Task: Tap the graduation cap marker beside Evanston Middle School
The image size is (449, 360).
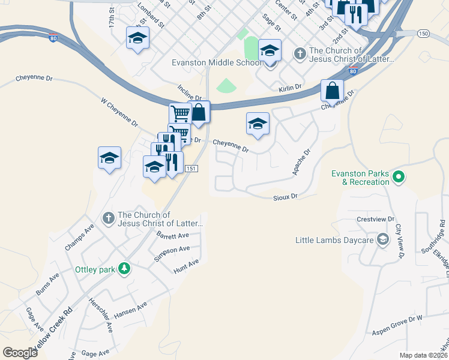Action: pos(270,52)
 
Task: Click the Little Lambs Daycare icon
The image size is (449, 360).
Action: pos(382,240)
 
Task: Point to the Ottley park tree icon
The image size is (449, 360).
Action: pos(124,269)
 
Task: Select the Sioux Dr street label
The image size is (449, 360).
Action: pos(286,196)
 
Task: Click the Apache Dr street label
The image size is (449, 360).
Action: pos(301,162)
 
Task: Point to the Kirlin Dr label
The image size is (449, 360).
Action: pos(290,88)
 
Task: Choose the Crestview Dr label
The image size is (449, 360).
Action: pos(375,220)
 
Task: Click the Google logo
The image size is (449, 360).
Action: pos(20,352)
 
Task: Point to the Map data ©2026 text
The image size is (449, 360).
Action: pos(423,355)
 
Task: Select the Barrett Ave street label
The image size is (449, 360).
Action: pos(172,235)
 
